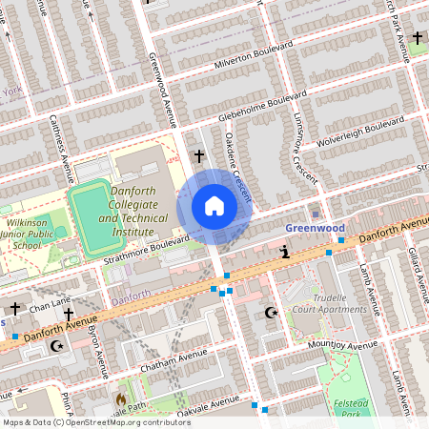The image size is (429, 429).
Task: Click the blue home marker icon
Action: [214, 206]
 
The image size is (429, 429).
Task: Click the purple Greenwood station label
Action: [315, 229]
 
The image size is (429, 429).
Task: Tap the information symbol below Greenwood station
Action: [285, 252]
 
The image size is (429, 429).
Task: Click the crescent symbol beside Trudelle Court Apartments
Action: [271, 312]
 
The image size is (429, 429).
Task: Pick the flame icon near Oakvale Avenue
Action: [121, 398]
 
